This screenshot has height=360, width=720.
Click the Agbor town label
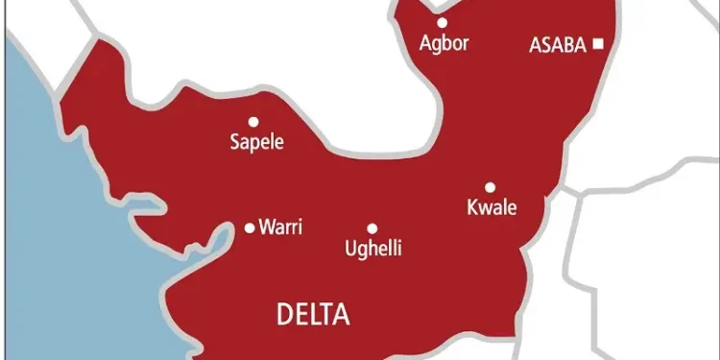point(444,43)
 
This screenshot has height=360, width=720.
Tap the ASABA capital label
point(558,44)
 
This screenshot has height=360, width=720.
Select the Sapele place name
point(257,143)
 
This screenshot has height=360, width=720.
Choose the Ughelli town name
point(372,250)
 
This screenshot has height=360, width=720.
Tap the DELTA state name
point(313,313)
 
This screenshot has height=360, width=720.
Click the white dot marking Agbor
point(443,22)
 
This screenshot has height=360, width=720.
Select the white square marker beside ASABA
point(598,43)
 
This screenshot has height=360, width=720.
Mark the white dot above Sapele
point(253,122)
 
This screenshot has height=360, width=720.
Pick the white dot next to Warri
point(250,228)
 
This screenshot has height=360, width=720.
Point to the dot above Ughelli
point(372,228)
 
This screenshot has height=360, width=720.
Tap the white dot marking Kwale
point(489,187)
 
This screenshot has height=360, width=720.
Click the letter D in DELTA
point(283,313)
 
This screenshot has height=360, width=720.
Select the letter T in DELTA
point(327,313)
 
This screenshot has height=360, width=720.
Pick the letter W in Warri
point(267,228)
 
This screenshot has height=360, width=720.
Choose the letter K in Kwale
point(470,208)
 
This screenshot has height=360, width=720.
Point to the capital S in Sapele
point(235,143)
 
